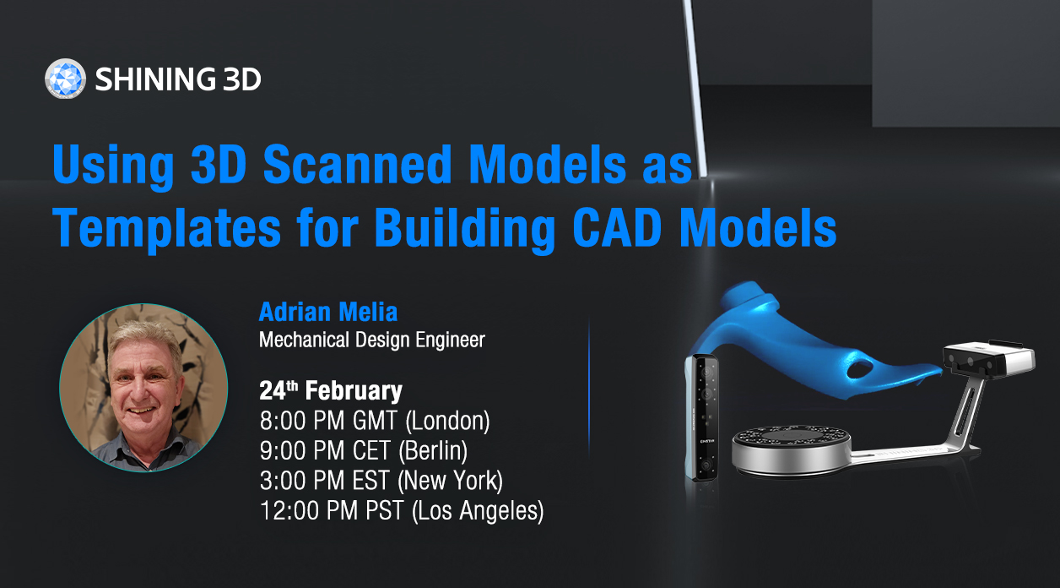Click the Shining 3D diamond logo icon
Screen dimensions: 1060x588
tap(65, 79)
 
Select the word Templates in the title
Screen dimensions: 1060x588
tap(167, 229)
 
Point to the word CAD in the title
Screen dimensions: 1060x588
tap(617, 227)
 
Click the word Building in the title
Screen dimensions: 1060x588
tap(465, 229)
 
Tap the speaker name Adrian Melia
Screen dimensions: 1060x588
tap(328, 313)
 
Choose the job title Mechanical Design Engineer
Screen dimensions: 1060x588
tap(372, 340)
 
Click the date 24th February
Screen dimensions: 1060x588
tap(330, 390)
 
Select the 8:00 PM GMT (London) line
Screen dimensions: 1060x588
tap(375, 421)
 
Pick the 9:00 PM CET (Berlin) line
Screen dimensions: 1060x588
tap(364, 450)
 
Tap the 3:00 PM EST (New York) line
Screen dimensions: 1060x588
tap(381, 481)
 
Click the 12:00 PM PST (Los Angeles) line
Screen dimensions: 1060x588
tap(402, 511)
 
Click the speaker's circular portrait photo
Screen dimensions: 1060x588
tap(143, 388)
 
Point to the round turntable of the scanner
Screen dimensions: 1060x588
tap(791, 450)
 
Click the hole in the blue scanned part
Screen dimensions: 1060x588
tap(860, 367)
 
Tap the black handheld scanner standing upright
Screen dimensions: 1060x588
tap(702, 418)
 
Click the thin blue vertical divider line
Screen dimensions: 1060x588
tap(589, 389)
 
